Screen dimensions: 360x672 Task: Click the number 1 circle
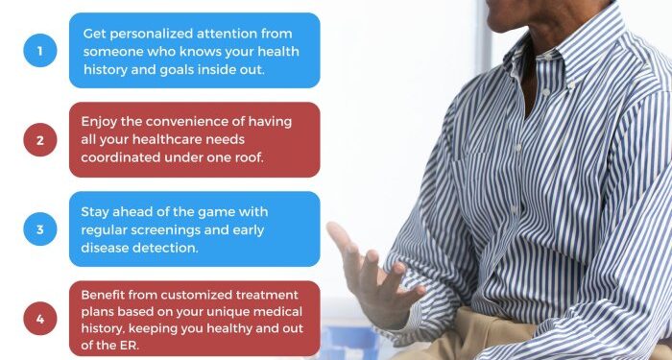(40, 50)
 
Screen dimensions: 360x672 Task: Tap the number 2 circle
(40, 140)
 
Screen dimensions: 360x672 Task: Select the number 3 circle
(40, 229)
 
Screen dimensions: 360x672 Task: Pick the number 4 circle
(40, 319)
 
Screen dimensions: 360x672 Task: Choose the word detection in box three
(163, 249)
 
